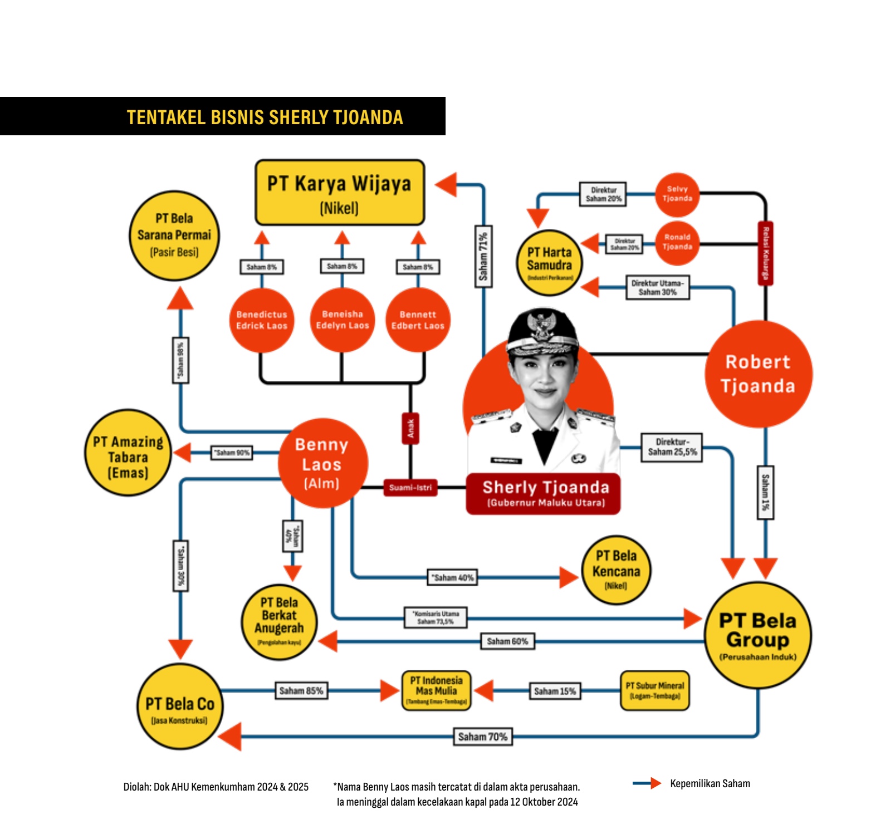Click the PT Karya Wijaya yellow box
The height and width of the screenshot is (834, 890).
(339, 193)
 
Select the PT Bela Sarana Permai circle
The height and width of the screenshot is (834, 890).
(174, 236)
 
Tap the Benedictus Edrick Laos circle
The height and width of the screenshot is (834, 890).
(261, 320)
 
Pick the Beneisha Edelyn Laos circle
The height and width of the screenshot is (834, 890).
(342, 320)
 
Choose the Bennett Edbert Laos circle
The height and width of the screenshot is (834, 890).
(418, 320)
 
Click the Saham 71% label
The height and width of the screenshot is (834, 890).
(483, 256)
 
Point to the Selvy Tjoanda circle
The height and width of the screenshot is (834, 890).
(677, 194)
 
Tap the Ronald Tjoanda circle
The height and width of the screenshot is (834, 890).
(677, 242)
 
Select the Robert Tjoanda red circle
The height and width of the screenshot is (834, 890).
(758, 374)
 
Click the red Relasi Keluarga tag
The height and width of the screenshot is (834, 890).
(766, 253)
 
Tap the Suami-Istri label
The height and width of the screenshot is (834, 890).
(410, 488)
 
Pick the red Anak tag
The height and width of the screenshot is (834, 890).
(410, 428)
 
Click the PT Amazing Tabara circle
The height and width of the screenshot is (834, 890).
(128, 453)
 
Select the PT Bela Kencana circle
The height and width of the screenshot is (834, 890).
(615, 570)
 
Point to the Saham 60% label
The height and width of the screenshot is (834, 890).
(507, 641)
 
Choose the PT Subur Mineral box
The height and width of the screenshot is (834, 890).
(654, 690)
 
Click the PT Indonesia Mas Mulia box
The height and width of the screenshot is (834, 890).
(436, 690)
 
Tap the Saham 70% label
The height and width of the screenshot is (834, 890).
(482, 737)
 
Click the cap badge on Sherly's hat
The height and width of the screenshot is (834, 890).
(541, 325)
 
